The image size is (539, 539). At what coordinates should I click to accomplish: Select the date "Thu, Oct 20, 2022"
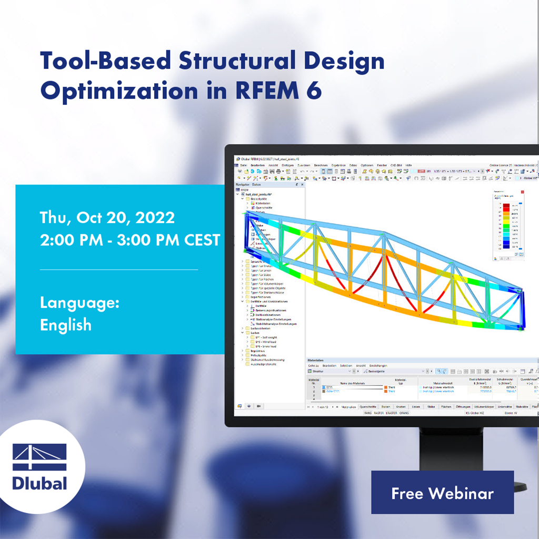pos(107,217)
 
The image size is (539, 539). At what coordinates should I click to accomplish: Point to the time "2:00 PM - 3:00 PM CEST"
pos(130,239)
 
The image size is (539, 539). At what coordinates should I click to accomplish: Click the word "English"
pos(66,325)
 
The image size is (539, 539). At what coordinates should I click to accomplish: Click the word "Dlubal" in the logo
pos(39,483)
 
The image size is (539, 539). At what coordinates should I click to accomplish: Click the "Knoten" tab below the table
pos(401,407)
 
